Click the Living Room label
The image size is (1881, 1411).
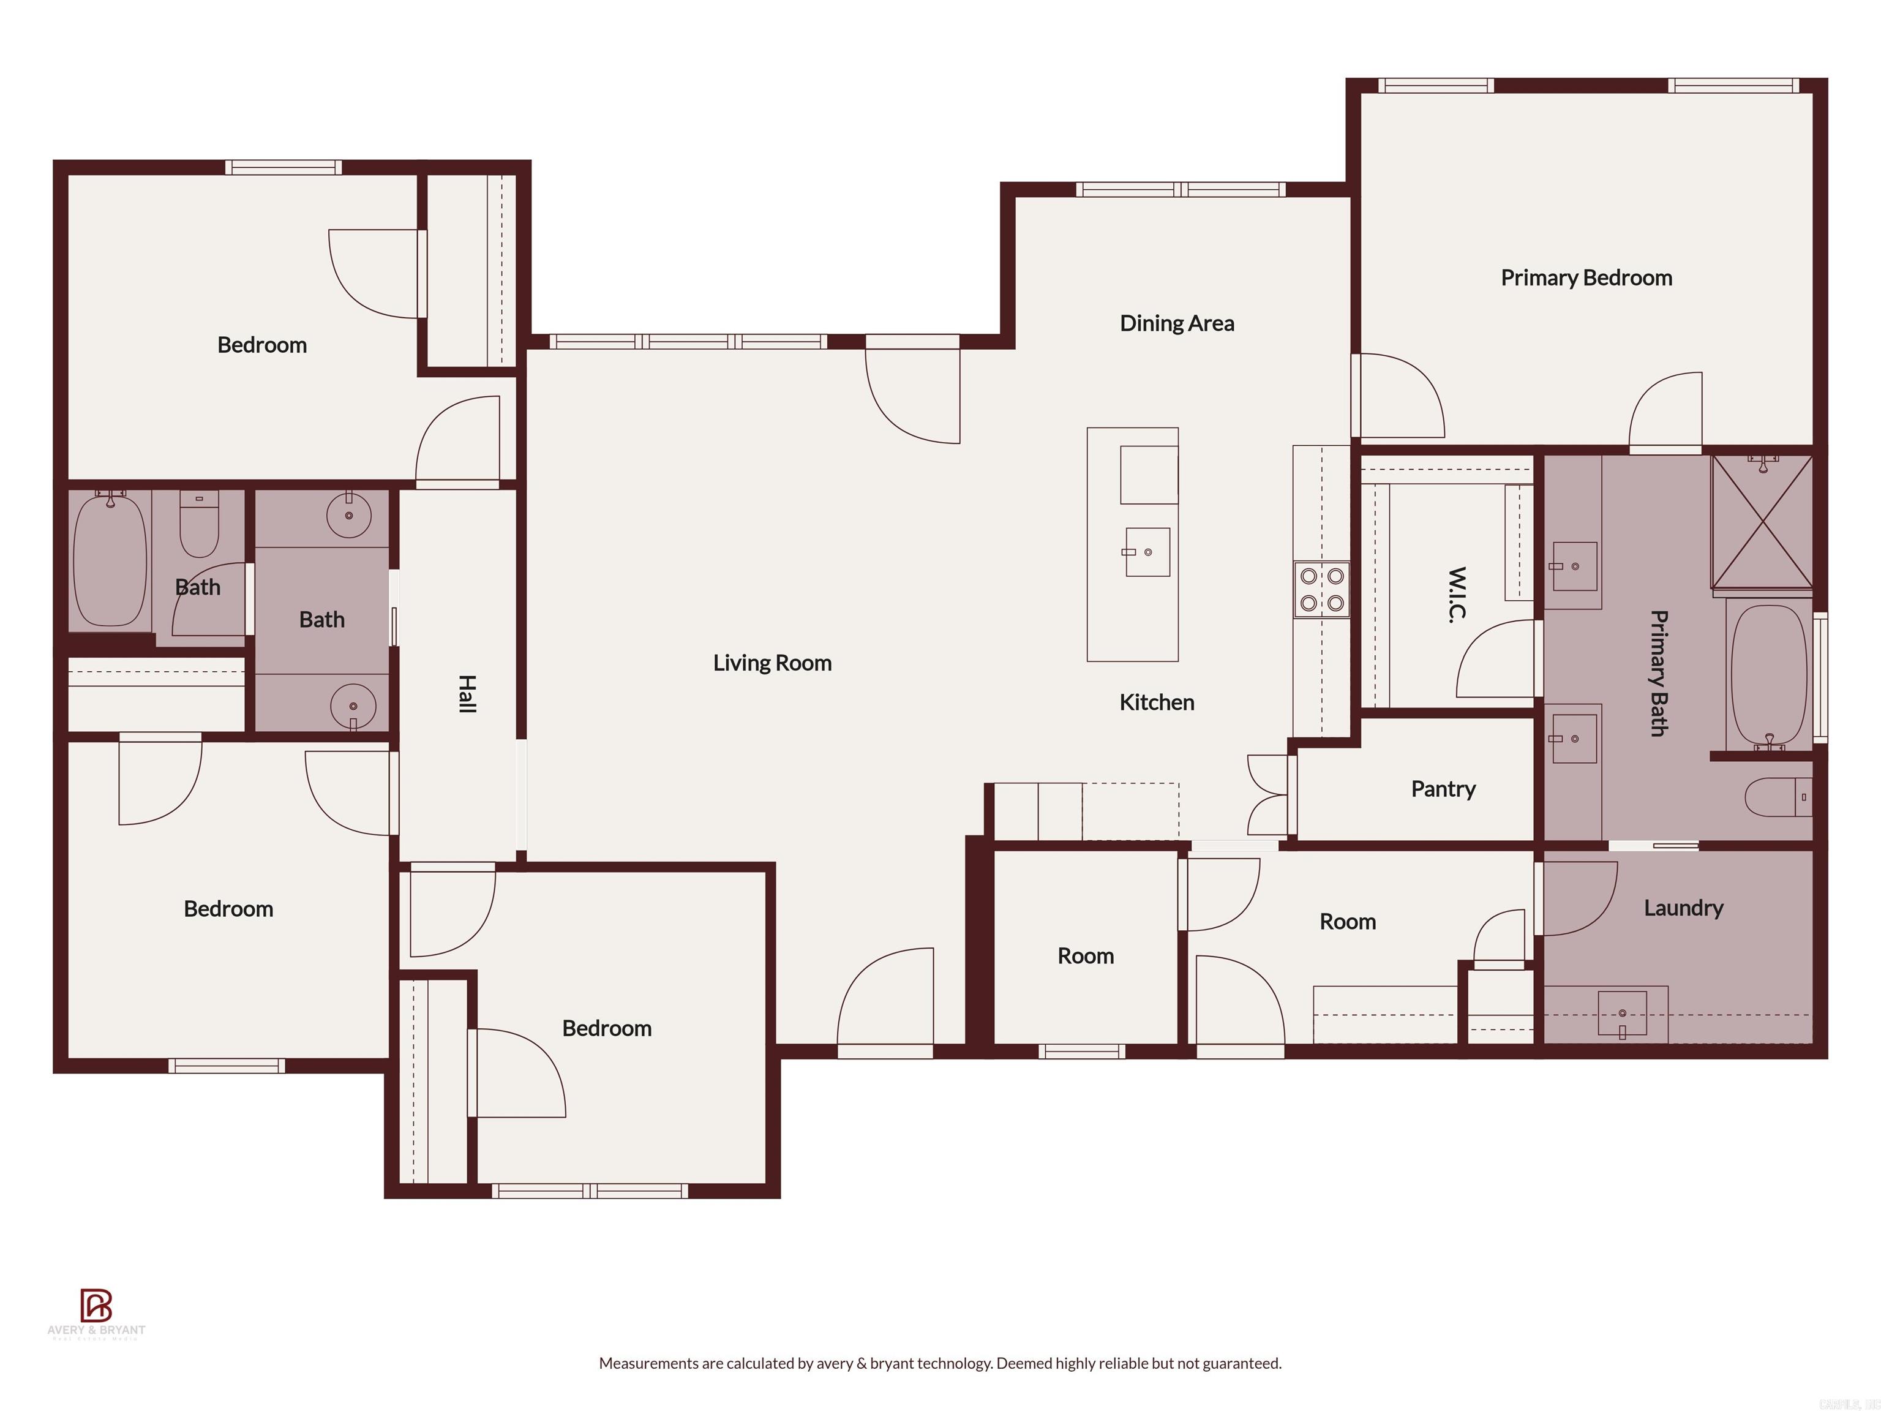click(x=772, y=663)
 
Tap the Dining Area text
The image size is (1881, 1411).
click(x=1176, y=323)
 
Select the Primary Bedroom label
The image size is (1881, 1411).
click(x=1586, y=278)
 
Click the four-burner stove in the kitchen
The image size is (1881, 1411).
click(x=1321, y=589)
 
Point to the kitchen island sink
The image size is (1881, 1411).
click(x=1147, y=552)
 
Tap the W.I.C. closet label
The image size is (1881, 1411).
click(x=1457, y=595)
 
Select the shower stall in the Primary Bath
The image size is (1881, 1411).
click(x=1761, y=521)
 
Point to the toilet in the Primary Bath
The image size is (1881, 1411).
click(x=1778, y=797)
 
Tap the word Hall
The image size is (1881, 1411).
click(x=467, y=693)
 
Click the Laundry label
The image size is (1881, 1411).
click(x=1683, y=908)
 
